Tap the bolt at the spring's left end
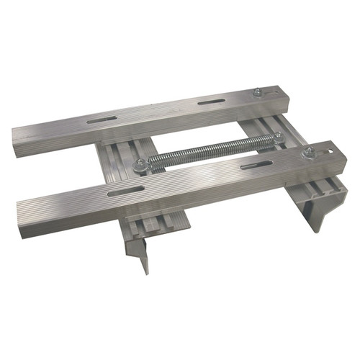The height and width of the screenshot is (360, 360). [x=140, y=164]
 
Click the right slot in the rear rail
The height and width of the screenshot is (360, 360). [x=211, y=102]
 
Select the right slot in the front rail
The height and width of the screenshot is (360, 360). [x=256, y=166]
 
